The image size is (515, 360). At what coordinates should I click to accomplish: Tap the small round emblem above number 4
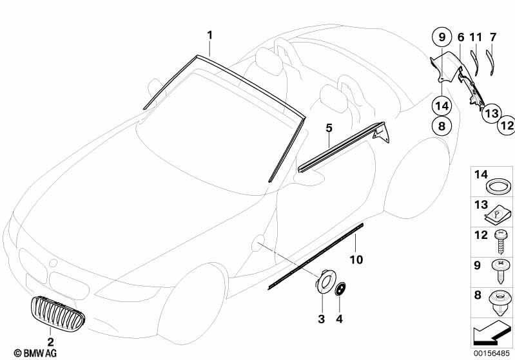click(340, 289)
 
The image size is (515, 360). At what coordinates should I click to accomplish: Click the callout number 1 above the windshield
click(209, 35)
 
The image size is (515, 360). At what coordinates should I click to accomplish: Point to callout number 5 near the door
click(329, 128)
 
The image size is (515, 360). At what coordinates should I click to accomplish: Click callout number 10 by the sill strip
click(356, 260)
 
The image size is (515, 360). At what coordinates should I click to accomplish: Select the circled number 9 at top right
click(442, 37)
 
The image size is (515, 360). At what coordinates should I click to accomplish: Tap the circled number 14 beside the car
click(442, 106)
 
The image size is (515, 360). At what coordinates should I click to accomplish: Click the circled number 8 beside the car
click(442, 126)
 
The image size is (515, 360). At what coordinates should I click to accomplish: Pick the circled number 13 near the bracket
click(492, 113)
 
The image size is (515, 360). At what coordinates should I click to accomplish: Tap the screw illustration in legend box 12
click(500, 242)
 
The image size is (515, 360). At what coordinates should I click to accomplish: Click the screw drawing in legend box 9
click(500, 271)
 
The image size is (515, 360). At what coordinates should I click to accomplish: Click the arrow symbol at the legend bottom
click(491, 333)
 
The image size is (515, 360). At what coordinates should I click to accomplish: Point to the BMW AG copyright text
click(35, 353)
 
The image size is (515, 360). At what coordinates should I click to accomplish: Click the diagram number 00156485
click(491, 354)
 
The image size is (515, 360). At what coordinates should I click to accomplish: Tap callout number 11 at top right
click(476, 37)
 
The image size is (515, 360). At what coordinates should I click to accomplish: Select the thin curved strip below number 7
click(490, 61)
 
